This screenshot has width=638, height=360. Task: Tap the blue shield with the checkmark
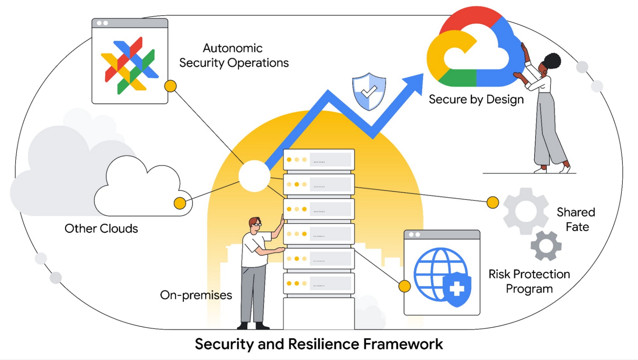(369, 91)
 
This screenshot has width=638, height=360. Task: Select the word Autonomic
(233, 48)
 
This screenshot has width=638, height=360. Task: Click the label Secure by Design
(476, 99)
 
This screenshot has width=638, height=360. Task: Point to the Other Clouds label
(101, 229)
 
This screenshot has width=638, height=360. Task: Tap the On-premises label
(196, 295)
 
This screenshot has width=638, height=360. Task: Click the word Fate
(577, 227)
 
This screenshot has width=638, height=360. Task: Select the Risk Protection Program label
(529, 281)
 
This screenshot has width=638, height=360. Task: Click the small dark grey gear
(546, 246)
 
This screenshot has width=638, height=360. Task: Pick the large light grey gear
(526, 211)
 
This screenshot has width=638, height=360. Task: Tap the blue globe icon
(439, 274)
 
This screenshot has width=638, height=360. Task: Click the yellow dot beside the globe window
(404, 286)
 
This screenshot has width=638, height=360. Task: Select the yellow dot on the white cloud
(180, 203)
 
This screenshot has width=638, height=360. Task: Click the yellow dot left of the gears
(492, 202)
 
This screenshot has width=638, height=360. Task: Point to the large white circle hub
(254, 176)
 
